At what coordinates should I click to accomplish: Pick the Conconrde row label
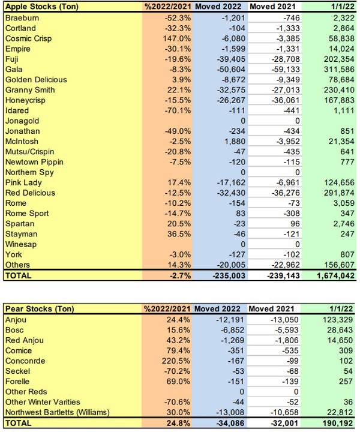point(26,361)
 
